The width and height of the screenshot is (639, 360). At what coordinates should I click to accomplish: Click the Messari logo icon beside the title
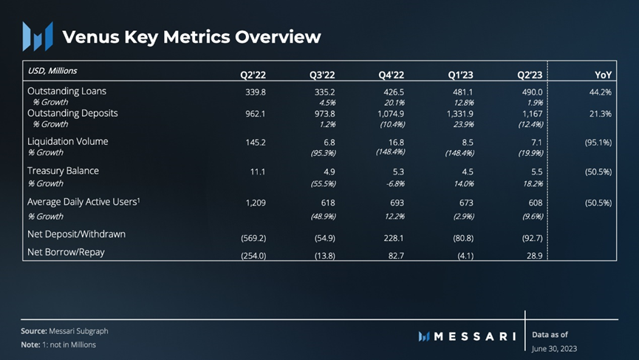tap(37, 36)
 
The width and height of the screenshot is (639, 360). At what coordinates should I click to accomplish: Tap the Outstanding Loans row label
tap(66, 91)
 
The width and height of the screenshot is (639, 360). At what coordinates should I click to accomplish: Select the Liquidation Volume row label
tap(67, 141)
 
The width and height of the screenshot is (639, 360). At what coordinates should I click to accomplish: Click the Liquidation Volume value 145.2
tap(256, 142)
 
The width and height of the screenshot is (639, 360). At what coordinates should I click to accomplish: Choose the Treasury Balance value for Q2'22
tap(259, 171)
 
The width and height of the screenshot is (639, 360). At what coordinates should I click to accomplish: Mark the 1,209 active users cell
tap(254, 202)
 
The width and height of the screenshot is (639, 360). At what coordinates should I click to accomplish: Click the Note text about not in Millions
tap(58, 344)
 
